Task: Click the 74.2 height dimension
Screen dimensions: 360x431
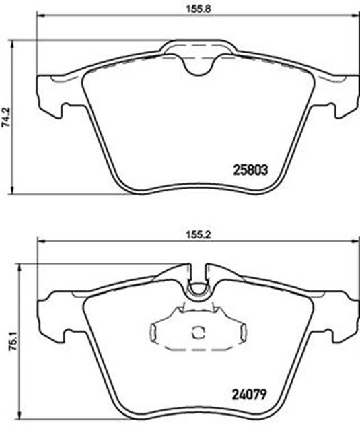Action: (x=6, y=117)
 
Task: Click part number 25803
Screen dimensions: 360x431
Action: (x=250, y=170)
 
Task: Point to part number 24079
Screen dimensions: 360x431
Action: (x=249, y=395)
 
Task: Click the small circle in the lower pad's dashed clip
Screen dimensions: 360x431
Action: (x=198, y=333)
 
